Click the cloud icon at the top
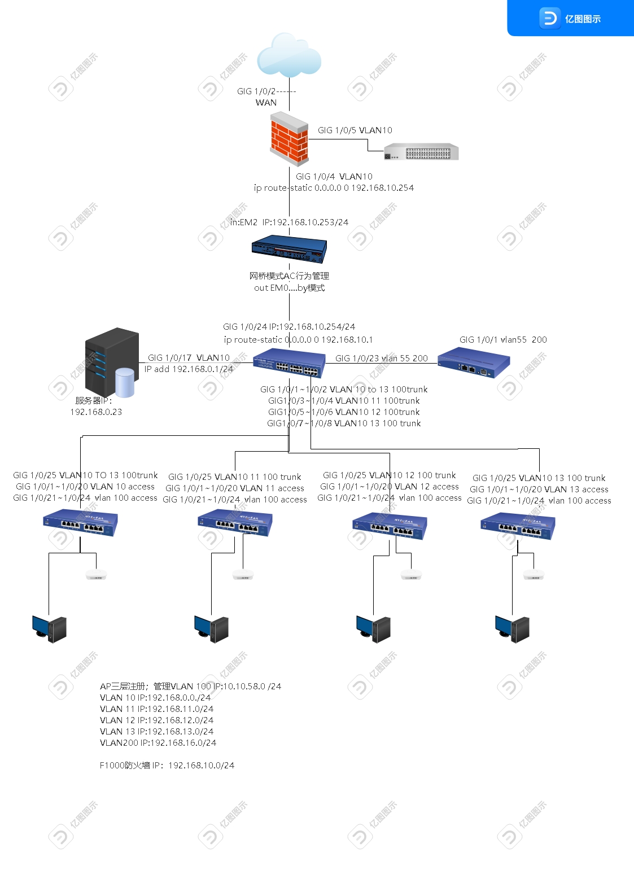click(x=289, y=55)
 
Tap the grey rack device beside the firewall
click(x=421, y=152)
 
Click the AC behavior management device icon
click(x=289, y=249)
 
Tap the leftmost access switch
click(x=80, y=522)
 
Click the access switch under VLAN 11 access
click(x=235, y=522)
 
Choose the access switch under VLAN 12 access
click(x=390, y=525)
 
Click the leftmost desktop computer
click(x=49, y=628)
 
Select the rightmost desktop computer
click(x=512, y=628)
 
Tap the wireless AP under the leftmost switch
click(x=96, y=575)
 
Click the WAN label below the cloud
click(x=266, y=103)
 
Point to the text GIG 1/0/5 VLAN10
click(x=355, y=130)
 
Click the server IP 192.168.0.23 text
click(x=96, y=412)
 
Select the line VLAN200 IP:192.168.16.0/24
click(x=158, y=743)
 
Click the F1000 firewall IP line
click(x=167, y=766)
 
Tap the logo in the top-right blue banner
click(x=549, y=18)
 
